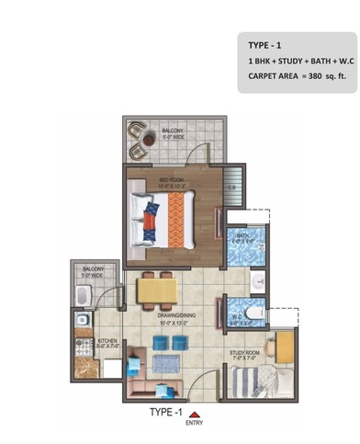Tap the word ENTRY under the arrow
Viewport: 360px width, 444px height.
pos(194,424)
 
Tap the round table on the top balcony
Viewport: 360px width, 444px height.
pos(147,140)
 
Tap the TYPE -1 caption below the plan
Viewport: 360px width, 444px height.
pos(166,413)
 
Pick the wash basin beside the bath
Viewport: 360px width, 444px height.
pos(259,279)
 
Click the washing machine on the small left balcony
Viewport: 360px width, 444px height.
pos(81,296)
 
